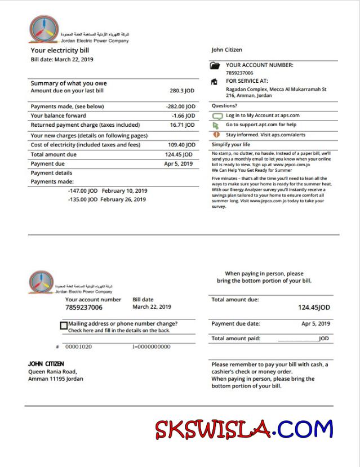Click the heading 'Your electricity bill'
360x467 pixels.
pyautogui.click(x=60, y=51)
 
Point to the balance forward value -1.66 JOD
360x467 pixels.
pyautogui.click(x=183, y=116)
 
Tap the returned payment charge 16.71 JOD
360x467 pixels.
pyautogui.click(x=182, y=125)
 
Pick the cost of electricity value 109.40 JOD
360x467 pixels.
pyautogui.click(x=181, y=145)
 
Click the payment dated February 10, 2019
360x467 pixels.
pyautogui.click(x=108, y=191)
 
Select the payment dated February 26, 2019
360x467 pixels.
pyautogui.click(x=108, y=199)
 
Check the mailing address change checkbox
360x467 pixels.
pyautogui.click(x=64, y=326)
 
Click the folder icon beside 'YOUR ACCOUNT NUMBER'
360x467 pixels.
pyautogui.click(x=215, y=66)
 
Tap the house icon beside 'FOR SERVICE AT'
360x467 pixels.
pyautogui.click(x=215, y=82)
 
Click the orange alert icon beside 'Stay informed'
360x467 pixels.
pyautogui.click(x=216, y=135)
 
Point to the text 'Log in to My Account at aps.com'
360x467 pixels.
pyautogui.click(x=263, y=115)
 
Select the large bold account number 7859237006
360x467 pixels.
pyautogui.click(x=84, y=308)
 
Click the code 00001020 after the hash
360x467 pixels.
pyautogui.click(x=78, y=346)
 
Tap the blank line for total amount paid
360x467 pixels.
pyautogui.click(x=297, y=340)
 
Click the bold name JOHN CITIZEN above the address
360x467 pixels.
pyautogui.click(x=46, y=364)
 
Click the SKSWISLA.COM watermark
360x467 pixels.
pyautogui.click(x=244, y=430)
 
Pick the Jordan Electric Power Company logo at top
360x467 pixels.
pyautogui.click(x=44, y=29)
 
